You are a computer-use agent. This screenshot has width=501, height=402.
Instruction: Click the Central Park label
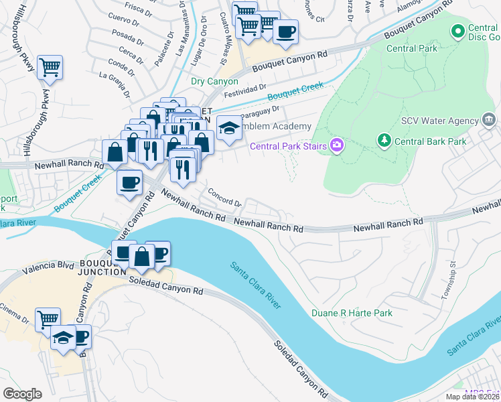pyautogui.click(x=411, y=48)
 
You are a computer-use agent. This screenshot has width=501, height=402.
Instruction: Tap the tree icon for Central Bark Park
pyautogui.click(x=384, y=141)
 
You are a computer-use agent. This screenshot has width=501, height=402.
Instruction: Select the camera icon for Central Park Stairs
pyautogui.click(x=336, y=145)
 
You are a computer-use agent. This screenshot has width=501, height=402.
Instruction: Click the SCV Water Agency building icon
pyautogui.click(x=489, y=121)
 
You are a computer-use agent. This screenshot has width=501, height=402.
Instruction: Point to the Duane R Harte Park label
pyautogui.click(x=352, y=313)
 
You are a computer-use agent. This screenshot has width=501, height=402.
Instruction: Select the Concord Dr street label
pyautogui.click(x=224, y=197)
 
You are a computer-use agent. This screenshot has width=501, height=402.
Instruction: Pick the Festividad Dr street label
pyautogui.click(x=245, y=89)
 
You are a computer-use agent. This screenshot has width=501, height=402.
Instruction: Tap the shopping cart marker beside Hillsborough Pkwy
pyautogui.click(x=50, y=68)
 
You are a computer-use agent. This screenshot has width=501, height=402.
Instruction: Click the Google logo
pyautogui.click(x=22, y=393)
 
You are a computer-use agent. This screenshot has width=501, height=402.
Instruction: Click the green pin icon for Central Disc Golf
pyautogui.click(x=458, y=30)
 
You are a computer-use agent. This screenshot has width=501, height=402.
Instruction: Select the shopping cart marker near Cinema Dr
pyautogui.click(x=48, y=320)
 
